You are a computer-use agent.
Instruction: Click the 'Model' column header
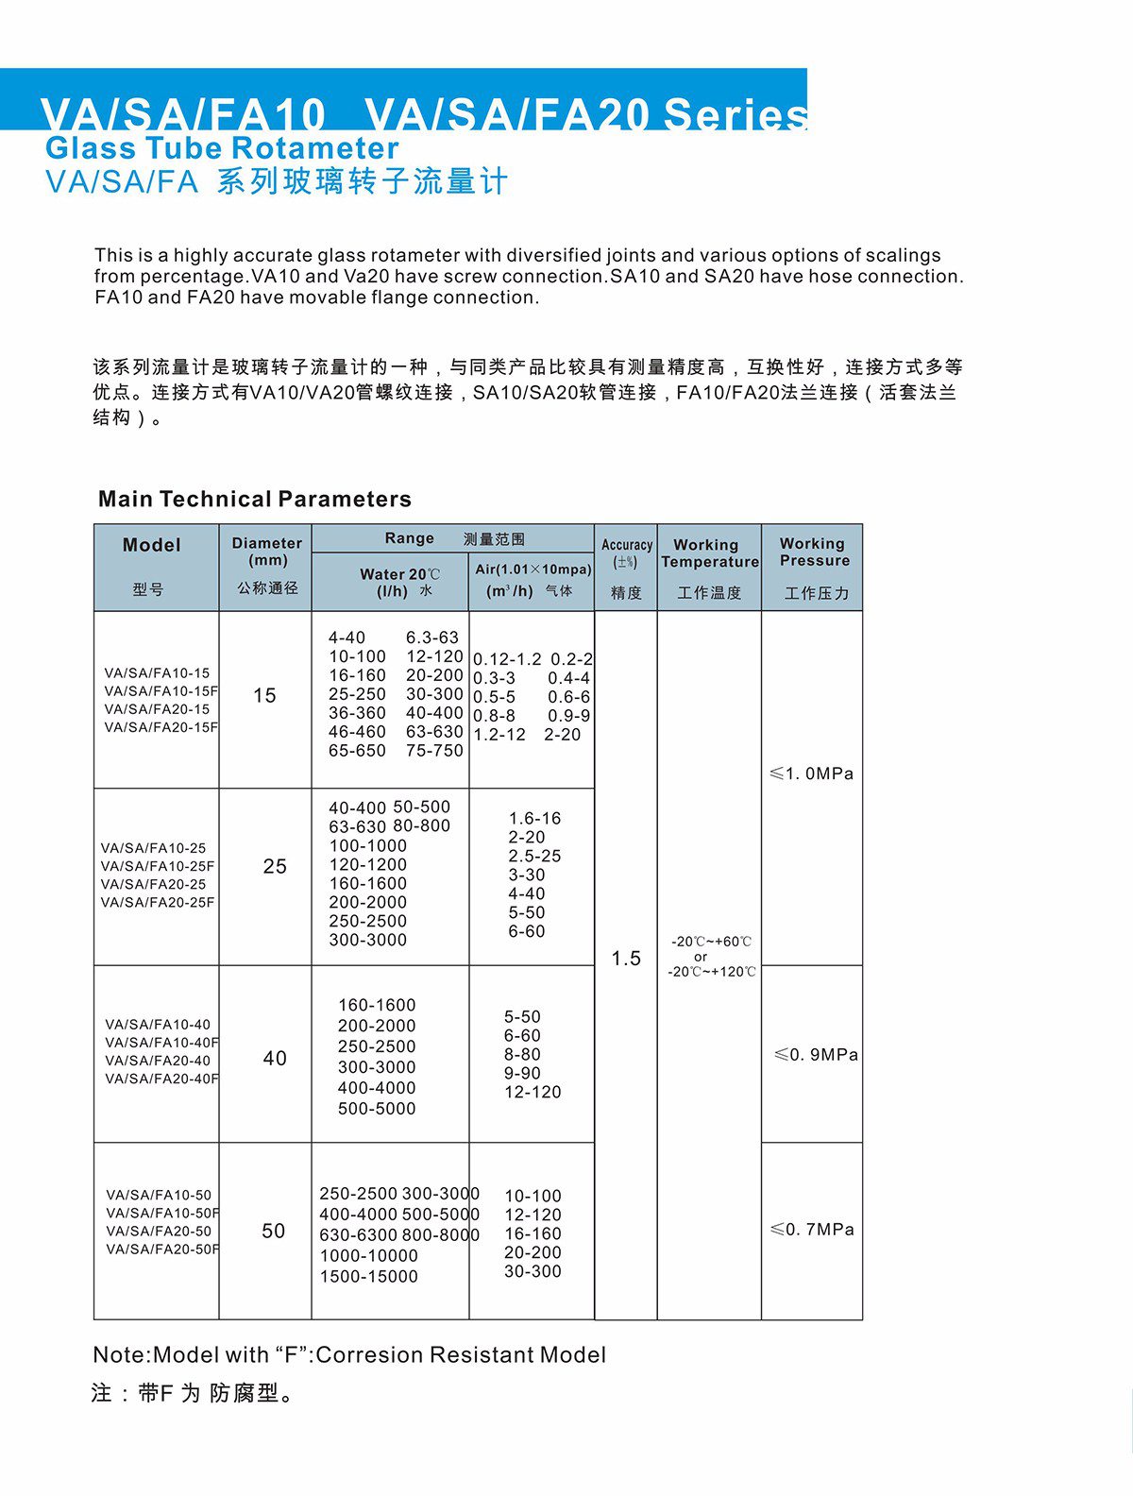point(151,545)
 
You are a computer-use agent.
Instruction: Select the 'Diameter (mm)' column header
point(266,552)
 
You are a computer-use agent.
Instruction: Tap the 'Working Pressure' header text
point(813,552)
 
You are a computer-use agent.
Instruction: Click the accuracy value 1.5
point(625,959)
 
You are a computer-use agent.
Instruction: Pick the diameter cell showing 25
point(274,866)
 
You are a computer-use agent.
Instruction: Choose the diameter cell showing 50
point(273,1231)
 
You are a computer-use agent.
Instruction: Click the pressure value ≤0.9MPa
point(816,1055)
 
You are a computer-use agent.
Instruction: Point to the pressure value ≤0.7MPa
point(812,1230)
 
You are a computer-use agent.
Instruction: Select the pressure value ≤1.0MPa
point(811,773)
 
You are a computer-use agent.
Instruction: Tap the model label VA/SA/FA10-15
point(157,673)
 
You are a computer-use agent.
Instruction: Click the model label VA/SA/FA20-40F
point(161,1079)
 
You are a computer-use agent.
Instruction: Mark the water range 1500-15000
point(368,1276)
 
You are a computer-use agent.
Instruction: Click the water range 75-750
point(434,751)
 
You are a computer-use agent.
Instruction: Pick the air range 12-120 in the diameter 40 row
point(533,1092)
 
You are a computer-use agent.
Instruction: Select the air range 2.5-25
point(534,856)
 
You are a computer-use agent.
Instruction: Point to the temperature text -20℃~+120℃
point(711,972)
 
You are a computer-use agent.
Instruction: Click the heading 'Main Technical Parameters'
point(255,499)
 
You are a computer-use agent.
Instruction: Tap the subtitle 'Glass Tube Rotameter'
point(222,148)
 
